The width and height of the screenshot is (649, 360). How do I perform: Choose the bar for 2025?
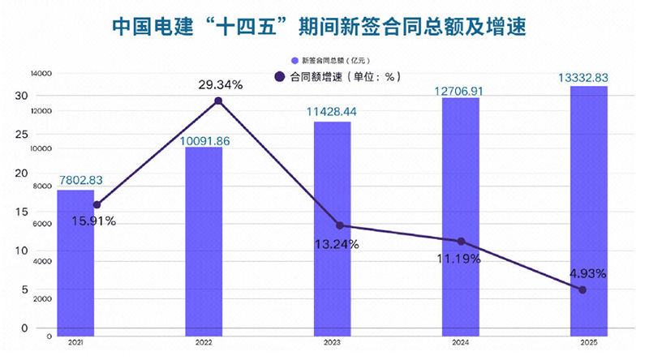tap(588, 210)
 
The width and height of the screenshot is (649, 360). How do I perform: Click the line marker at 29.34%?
tap(218, 101)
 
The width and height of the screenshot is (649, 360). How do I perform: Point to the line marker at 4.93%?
tap(582, 289)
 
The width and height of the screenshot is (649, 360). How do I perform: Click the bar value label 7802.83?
tap(80, 180)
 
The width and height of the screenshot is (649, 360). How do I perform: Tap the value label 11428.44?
tap(332, 111)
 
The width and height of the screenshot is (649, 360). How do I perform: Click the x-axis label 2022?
tap(204, 343)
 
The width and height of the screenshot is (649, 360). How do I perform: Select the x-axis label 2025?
tap(588, 343)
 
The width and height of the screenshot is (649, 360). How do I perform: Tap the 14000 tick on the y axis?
tap(41, 74)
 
